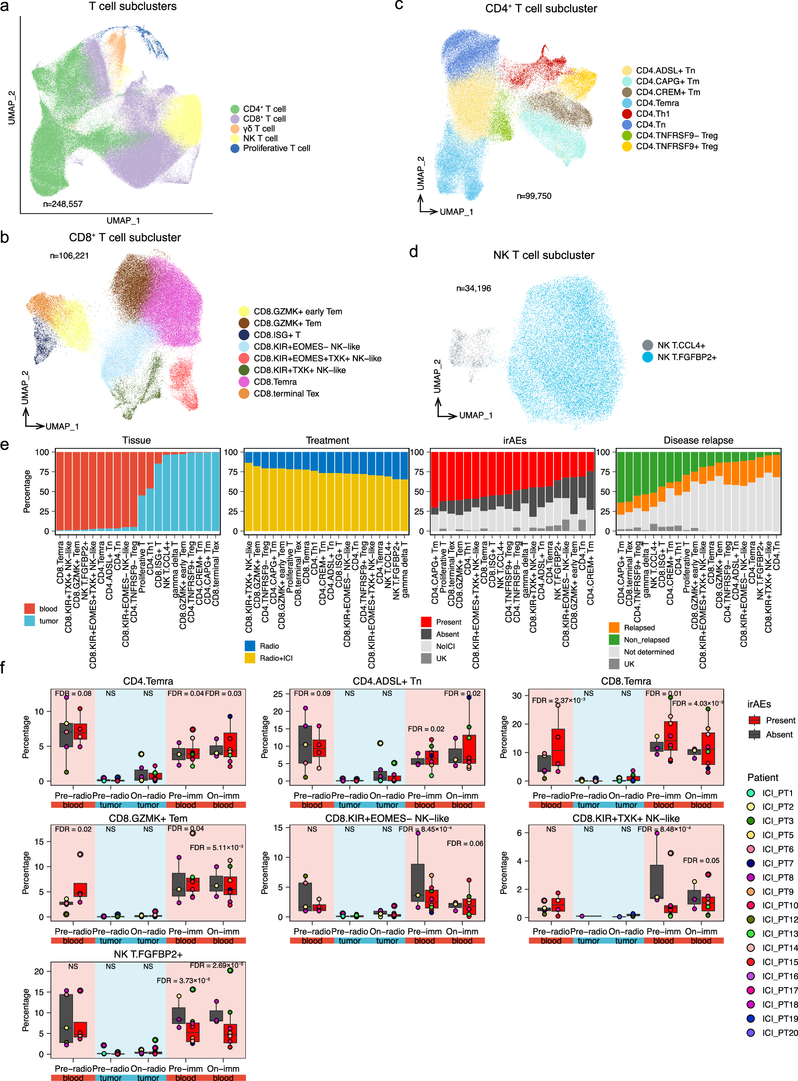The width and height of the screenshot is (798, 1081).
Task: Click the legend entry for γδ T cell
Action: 258,128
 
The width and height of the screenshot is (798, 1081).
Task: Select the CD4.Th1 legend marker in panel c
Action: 627,114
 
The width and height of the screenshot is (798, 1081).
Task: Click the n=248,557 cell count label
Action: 63,204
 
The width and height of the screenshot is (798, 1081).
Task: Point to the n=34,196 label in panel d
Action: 474,288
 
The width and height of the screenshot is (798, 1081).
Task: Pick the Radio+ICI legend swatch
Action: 250,658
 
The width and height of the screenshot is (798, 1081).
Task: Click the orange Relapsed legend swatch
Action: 614,627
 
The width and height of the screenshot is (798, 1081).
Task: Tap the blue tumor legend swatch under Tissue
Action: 29,621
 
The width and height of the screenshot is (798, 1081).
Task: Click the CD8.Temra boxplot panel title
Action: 626,681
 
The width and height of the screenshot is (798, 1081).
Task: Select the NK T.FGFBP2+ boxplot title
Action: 148,954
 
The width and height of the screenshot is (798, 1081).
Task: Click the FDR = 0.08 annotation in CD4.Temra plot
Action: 73,693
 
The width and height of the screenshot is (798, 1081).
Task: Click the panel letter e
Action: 5,445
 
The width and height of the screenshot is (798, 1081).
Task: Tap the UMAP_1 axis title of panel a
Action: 123,221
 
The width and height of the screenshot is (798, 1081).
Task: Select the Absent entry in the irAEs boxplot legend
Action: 779,734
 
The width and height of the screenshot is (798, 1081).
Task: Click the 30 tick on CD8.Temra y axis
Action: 517,696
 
